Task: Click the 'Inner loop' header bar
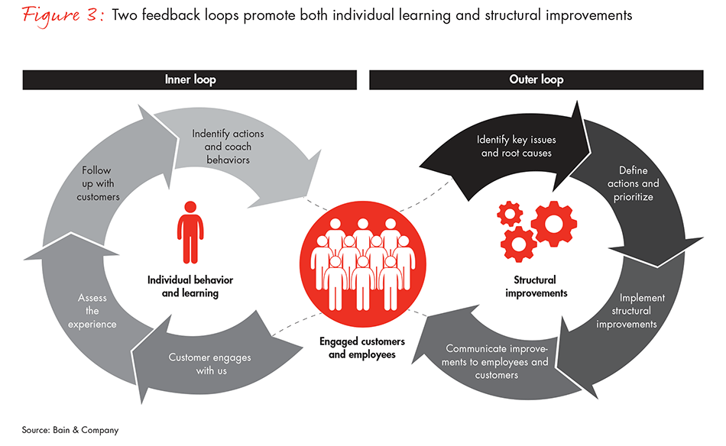click(x=190, y=79)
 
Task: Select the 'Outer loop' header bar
click(x=536, y=79)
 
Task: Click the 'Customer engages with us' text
click(x=209, y=364)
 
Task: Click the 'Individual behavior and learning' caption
click(x=190, y=286)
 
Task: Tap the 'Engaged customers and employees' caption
click(x=363, y=347)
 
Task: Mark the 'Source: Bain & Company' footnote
click(x=71, y=430)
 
